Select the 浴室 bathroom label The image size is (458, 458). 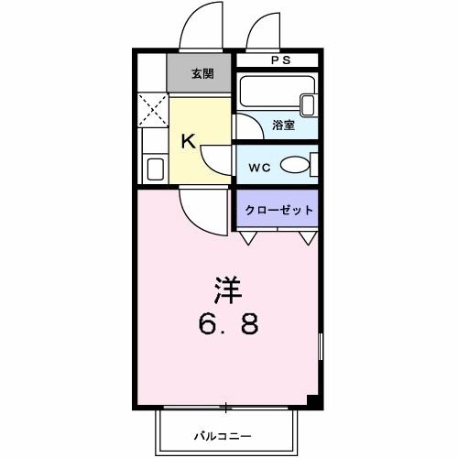click(x=283, y=125)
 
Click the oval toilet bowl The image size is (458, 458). click(x=294, y=165)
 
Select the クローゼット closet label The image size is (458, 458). click(x=278, y=210)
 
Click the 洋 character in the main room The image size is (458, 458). click(x=228, y=291)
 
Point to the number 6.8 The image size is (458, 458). click(x=229, y=324)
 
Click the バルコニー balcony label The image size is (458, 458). click(x=222, y=435)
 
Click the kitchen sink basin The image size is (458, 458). click(x=155, y=169)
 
